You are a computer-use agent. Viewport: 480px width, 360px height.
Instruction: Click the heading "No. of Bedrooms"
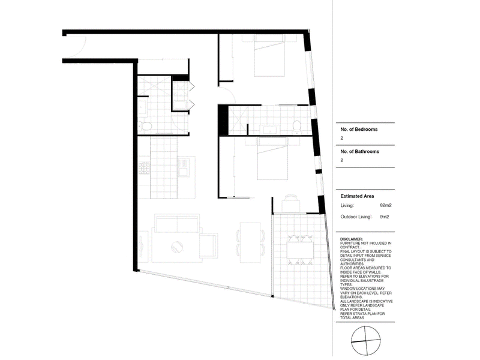click(359, 130)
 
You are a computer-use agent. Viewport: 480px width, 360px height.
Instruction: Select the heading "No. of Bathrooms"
click(359, 152)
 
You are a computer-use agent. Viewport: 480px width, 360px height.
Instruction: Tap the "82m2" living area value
click(386, 205)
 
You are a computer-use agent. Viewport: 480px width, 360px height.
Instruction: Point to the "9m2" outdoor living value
click(385, 217)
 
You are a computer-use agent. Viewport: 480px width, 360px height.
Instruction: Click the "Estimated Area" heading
click(357, 196)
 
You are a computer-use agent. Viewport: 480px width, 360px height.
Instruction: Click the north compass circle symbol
click(365, 341)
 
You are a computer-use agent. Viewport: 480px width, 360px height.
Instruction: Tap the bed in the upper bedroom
click(269, 55)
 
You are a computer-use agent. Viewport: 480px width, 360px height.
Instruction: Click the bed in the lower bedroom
click(272, 158)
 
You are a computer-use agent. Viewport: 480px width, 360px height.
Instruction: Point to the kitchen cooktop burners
click(144, 168)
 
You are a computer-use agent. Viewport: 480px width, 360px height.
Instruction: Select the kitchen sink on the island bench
click(184, 167)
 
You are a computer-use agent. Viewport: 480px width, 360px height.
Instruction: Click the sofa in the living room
click(177, 223)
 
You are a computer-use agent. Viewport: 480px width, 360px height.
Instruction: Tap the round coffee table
click(177, 247)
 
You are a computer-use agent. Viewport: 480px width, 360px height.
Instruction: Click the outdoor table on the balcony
click(300, 250)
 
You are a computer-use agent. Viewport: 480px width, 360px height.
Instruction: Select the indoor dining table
click(250, 242)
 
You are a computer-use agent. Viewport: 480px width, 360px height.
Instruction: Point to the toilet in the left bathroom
click(145, 126)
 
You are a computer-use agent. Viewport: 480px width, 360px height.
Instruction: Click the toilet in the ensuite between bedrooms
click(296, 126)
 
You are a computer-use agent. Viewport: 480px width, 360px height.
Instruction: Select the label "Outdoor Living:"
click(356, 217)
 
